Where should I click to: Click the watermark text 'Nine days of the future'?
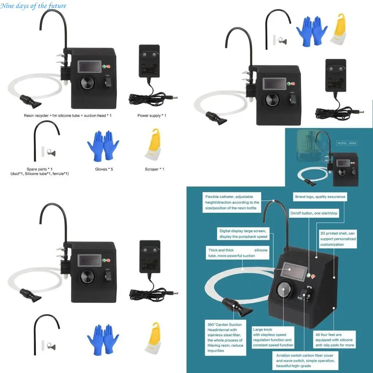[x=34, y=6]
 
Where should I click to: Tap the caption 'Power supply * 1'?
[x=152, y=116]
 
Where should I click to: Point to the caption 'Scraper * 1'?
[x=154, y=169]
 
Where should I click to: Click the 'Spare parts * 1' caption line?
[x=40, y=169]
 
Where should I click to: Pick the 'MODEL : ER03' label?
[x=347, y=143]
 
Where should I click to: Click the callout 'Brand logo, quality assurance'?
[x=320, y=197]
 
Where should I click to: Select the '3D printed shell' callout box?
[x=338, y=239]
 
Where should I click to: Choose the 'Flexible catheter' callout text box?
[x=232, y=203]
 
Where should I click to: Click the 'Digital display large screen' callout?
[x=243, y=233]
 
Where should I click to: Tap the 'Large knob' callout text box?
[x=273, y=337]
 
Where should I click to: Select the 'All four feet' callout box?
[x=334, y=340]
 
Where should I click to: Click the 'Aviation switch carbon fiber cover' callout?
[x=305, y=361]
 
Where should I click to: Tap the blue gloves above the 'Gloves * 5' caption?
[x=103, y=146]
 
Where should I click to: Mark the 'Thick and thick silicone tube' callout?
[x=237, y=253]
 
